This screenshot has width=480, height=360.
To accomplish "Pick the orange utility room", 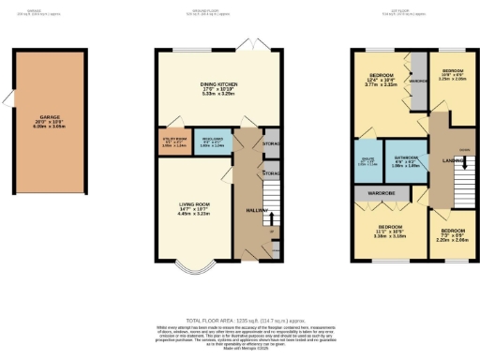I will [175, 142].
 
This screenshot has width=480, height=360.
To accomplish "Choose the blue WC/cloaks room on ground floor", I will [212, 143].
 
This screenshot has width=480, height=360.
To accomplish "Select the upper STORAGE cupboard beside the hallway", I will [271, 144].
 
